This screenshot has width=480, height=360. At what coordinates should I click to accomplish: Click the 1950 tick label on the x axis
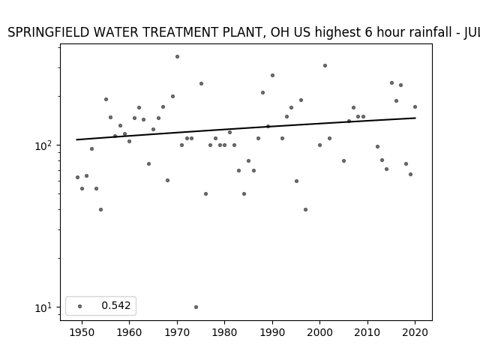[x=82, y=332]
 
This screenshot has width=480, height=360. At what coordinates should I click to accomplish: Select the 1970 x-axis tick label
[x=177, y=332]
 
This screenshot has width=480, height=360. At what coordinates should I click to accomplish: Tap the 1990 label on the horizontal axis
[x=272, y=332]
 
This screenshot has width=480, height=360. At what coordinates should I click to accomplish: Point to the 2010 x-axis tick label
[x=367, y=332]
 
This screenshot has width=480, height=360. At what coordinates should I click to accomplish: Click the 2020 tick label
[x=415, y=332]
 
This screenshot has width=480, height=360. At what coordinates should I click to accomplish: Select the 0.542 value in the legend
[x=116, y=305]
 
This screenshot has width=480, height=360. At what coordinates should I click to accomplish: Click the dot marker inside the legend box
[x=80, y=306]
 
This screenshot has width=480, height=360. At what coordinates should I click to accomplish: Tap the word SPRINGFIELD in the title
[x=48, y=32]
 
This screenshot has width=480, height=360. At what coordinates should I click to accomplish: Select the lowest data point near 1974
[x=196, y=307]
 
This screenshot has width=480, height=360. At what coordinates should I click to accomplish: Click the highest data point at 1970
[x=177, y=57]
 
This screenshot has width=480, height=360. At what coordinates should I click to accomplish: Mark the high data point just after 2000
[x=325, y=65]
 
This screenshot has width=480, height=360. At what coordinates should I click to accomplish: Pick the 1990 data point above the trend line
[x=272, y=75]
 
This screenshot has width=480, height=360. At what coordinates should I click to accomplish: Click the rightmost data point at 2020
[x=415, y=106]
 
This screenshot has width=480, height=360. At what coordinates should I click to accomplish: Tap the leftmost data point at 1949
[x=77, y=177]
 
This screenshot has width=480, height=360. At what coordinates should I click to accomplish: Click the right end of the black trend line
[x=415, y=118]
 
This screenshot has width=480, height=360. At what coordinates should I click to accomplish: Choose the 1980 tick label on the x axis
[x=225, y=332]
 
